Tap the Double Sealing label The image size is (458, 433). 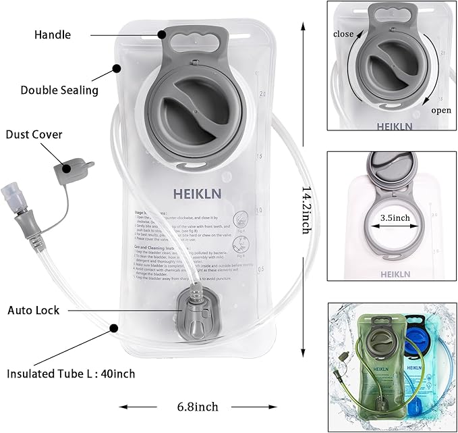(59, 90)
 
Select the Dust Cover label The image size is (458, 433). (34, 134)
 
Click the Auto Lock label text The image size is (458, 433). (34, 311)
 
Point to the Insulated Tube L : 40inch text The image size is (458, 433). (71, 373)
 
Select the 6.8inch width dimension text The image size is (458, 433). (197, 407)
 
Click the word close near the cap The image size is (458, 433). (343, 33)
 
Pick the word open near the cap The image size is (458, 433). (441, 110)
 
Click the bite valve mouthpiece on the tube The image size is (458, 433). (14, 196)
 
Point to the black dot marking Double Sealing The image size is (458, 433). (117, 68)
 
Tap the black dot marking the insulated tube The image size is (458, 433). (113, 328)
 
